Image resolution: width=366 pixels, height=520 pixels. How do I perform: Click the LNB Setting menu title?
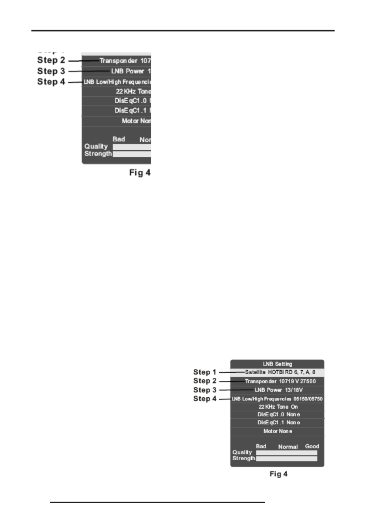coord(277,364)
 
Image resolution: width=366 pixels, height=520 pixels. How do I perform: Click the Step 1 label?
coord(205,372)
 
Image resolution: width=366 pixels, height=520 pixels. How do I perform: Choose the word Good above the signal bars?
coord(312,446)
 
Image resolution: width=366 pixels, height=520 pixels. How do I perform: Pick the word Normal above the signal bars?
coord(288,447)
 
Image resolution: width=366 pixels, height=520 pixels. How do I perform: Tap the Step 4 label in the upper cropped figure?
coord(51,82)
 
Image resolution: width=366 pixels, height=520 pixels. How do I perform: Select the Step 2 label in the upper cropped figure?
coord(51,60)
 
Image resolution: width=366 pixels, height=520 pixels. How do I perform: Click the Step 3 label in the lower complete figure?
coord(205,390)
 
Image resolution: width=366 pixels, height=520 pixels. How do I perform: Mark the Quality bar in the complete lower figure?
coord(286,453)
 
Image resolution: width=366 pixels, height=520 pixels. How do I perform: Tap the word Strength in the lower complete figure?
coord(243,459)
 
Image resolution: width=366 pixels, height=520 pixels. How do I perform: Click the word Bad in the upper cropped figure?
coord(119,139)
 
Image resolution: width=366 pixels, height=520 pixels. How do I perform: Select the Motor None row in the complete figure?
coord(277,431)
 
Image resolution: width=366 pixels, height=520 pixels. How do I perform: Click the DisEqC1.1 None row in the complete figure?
coord(277,423)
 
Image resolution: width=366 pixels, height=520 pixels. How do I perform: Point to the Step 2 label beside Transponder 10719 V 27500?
coord(205,381)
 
